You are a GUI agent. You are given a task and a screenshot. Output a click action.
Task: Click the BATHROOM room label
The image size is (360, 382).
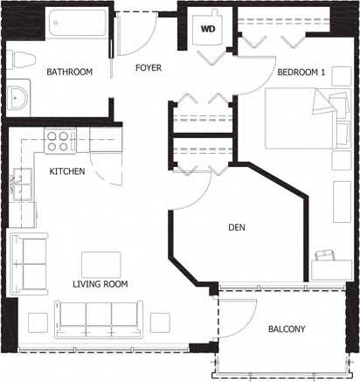pos(70,72)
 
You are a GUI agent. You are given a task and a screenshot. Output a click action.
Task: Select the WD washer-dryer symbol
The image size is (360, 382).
pos(208,28)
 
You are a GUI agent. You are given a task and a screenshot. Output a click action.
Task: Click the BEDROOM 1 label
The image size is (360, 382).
pos(301,73)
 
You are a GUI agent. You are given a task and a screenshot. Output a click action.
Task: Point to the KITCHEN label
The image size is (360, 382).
pos(67,171)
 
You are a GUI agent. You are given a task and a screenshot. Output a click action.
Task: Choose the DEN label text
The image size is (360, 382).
pos(236,228)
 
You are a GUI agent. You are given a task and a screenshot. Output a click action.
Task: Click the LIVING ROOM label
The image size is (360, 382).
pos(100,284)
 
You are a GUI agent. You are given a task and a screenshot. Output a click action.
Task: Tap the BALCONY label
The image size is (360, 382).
pos(287,329)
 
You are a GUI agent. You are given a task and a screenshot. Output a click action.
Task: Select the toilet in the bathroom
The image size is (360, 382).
pos(23,60)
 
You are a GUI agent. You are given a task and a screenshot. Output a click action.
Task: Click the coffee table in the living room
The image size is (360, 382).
pos(101,264)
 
